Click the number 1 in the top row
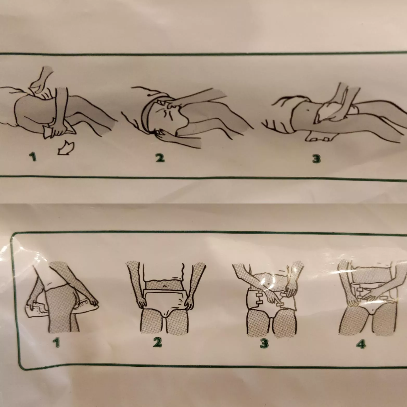pos(33,157)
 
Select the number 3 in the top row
pos(316,158)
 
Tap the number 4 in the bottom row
pos(361,344)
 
